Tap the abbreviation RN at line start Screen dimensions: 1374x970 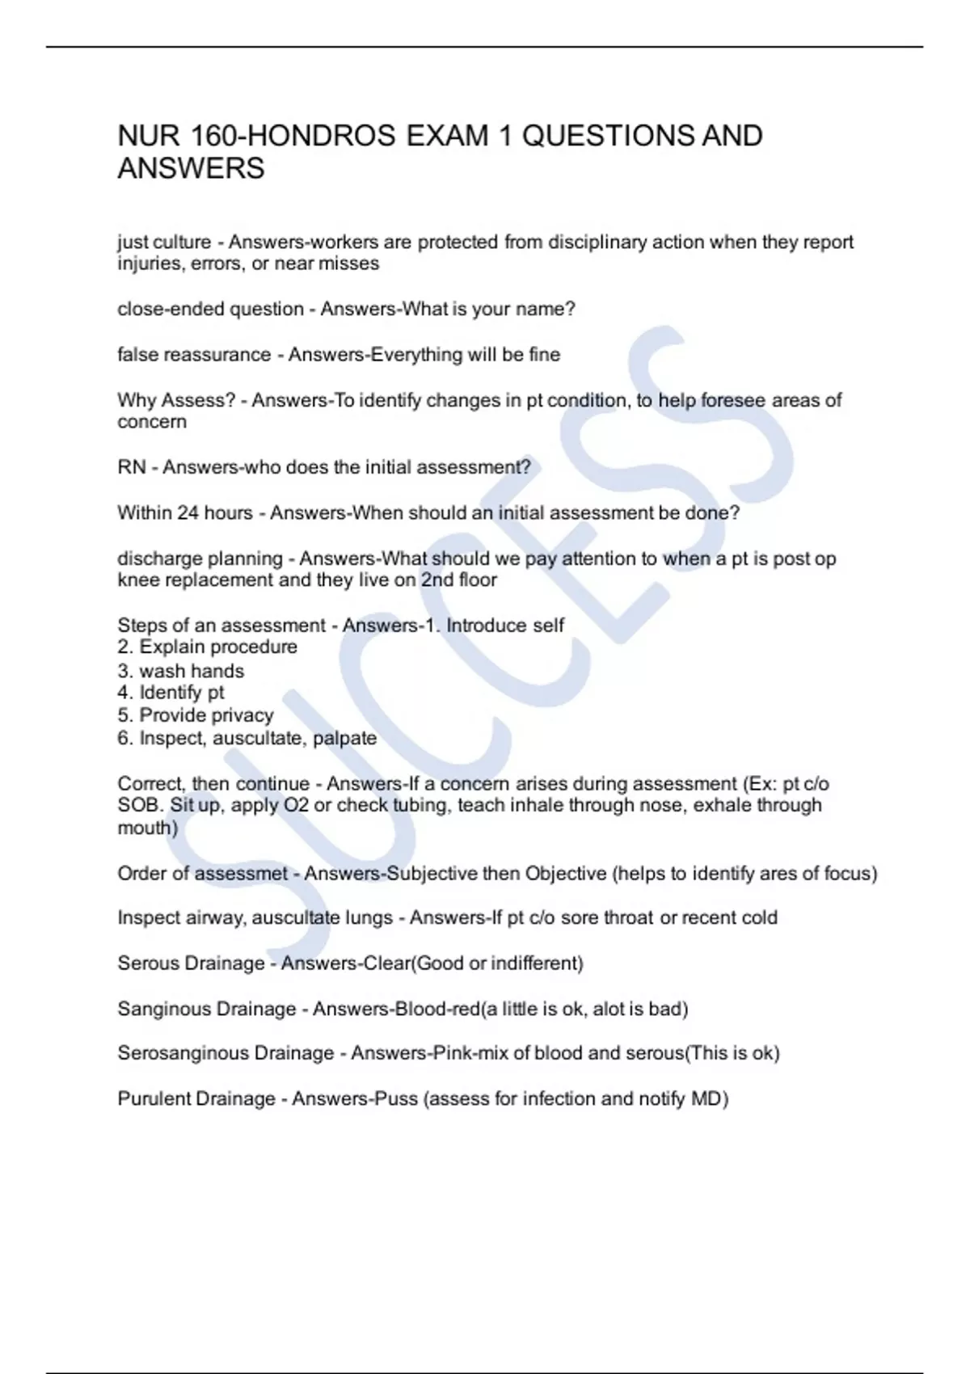(x=132, y=467)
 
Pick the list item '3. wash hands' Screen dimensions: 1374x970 (x=180, y=671)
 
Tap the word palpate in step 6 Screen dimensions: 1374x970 (x=344, y=738)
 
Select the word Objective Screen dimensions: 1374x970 (x=566, y=873)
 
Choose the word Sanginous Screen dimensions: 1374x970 (x=165, y=1009)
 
